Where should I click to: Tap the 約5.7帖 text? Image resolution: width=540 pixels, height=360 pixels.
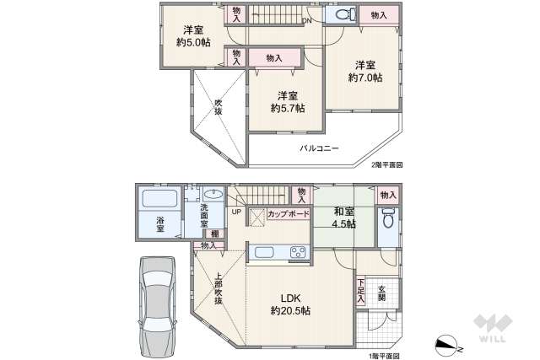[x=288, y=108]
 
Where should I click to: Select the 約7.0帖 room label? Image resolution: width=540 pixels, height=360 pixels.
[x=364, y=77]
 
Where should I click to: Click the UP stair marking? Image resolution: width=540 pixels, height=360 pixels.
[x=235, y=212]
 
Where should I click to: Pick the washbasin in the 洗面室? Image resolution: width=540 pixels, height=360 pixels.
[x=213, y=195]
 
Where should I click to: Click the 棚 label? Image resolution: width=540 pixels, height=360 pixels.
[x=216, y=234]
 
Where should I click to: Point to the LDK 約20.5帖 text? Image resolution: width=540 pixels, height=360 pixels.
[x=290, y=304]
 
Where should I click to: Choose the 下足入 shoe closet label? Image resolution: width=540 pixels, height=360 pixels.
[x=361, y=290]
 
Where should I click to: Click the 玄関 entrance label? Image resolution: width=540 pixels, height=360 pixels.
[x=381, y=291]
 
